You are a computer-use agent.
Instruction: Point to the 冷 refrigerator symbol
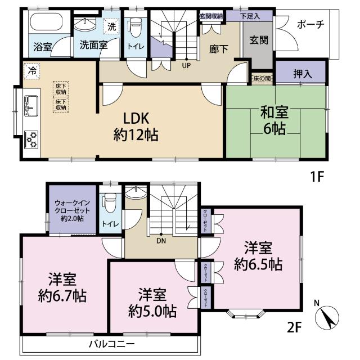pyautogui.click(x=31, y=71)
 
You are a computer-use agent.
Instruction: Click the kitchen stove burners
pyautogui.click(x=31, y=138)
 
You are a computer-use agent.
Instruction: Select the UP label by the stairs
pyautogui.click(x=184, y=64)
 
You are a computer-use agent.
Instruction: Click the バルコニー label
pyautogui.click(x=111, y=343)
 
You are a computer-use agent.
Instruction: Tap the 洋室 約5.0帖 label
pyautogui.click(x=152, y=302)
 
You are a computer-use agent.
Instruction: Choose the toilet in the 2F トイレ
pyautogui.click(x=109, y=202)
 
